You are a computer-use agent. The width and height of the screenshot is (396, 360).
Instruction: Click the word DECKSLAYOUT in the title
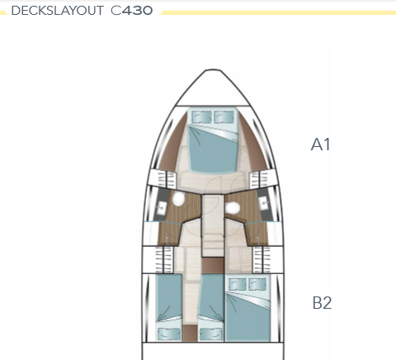(x=57, y=11)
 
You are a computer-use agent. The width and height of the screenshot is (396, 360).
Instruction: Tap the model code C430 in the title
(x=132, y=11)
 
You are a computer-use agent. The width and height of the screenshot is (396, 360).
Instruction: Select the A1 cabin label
(x=320, y=144)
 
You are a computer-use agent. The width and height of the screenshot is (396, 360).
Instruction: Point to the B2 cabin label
(x=322, y=303)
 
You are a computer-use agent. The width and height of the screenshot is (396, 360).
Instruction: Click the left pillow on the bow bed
(x=201, y=116)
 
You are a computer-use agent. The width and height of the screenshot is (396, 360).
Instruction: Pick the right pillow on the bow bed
(x=224, y=116)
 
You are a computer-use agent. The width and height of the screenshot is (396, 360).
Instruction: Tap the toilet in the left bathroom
(x=178, y=198)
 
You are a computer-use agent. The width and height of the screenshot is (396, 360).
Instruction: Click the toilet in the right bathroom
(x=233, y=208)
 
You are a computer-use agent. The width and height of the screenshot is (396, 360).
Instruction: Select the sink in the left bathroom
(x=160, y=206)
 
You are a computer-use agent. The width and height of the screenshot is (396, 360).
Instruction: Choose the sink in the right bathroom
(x=265, y=203)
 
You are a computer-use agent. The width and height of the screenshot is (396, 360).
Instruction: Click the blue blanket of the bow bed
(x=212, y=151)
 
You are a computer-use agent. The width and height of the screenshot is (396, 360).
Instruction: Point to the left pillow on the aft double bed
(x=238, y=284)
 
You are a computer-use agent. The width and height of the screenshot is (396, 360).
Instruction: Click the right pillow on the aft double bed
(x=257, y=284)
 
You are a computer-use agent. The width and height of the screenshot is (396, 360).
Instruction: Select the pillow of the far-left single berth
(x=169, y=334)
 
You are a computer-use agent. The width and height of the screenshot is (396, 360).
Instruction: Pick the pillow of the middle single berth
(x=211, y=334)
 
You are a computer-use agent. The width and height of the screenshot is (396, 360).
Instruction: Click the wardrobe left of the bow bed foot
(x=167, y=180)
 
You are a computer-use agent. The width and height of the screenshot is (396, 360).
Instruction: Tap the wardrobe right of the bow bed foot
(x=259, y=180)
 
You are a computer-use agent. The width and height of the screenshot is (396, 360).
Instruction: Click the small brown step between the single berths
(x=190, y=333)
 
